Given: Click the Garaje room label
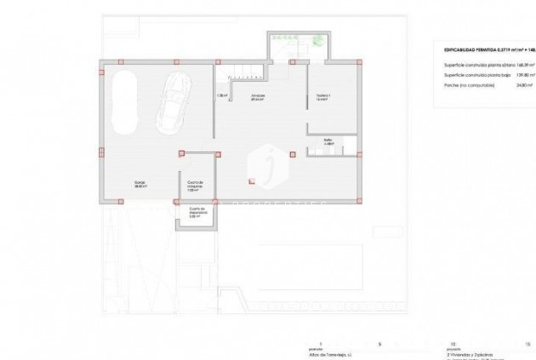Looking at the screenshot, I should point(139,184).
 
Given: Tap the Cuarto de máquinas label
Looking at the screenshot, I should point(196,186).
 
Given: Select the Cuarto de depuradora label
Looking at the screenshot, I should point(196,214).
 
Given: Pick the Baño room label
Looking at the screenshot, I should point(328,142).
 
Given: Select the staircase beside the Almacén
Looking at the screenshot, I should point(238,73).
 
